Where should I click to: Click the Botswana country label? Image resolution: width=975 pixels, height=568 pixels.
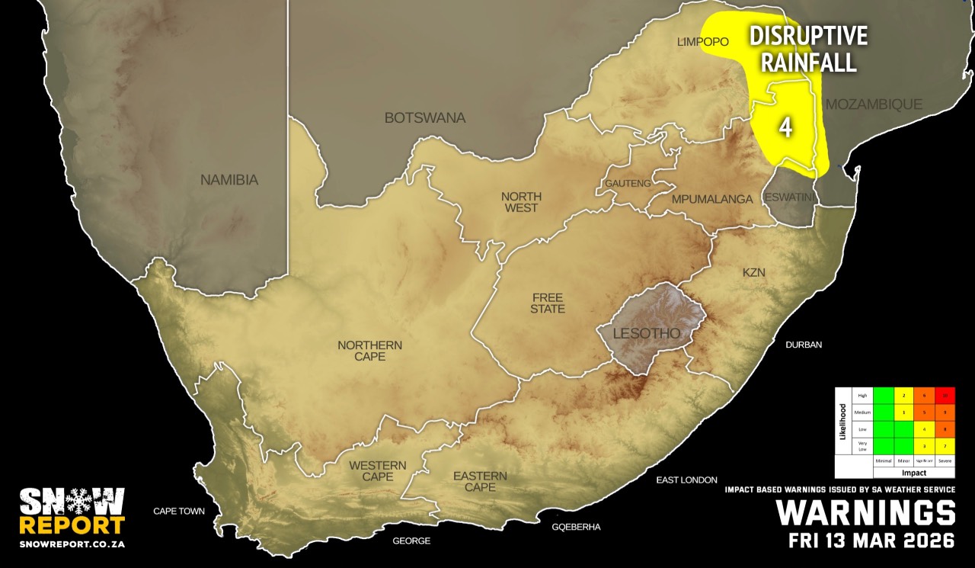pos(424,118)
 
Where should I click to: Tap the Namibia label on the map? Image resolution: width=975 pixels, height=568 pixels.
pos(229,181)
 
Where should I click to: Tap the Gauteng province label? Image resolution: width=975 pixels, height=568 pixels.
pos(628,184)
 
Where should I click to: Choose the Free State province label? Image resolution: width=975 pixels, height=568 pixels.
pos(548,303)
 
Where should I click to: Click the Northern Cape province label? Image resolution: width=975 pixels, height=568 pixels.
pos(369,351)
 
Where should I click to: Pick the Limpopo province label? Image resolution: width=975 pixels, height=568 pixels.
pos(703,42)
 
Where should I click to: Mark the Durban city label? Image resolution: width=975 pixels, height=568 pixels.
pos(804,345)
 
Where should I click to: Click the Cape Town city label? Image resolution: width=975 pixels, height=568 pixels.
pos(179,511)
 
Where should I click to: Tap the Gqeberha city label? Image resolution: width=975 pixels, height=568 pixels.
pos(577,527)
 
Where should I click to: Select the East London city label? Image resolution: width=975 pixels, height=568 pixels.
pos(686,480)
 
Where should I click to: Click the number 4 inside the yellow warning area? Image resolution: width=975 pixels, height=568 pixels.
pos(785,127)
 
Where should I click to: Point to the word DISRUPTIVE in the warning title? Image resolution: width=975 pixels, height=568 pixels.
pos(809,37)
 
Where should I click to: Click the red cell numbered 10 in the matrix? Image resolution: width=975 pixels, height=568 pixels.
pos(945,395)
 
